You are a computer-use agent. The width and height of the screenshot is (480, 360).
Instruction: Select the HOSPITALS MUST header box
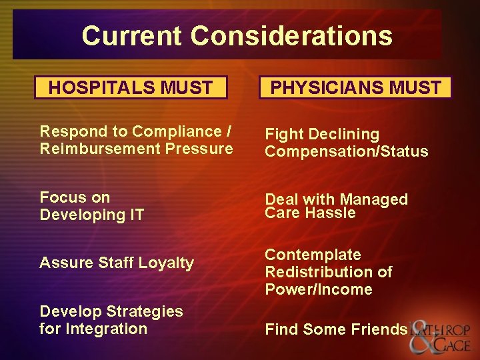[131, 87]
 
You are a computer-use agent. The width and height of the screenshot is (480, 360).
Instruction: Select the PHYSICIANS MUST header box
[355, 88]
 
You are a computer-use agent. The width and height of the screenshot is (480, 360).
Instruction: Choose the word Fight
[283, 135]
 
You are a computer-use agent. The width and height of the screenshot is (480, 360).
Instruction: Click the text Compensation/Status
[347, 152]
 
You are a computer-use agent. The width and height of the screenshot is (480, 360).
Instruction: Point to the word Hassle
[331, 213]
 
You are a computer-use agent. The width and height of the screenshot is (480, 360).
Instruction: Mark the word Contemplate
[313, 255]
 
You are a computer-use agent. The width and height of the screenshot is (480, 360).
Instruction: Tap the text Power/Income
[319, 289]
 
